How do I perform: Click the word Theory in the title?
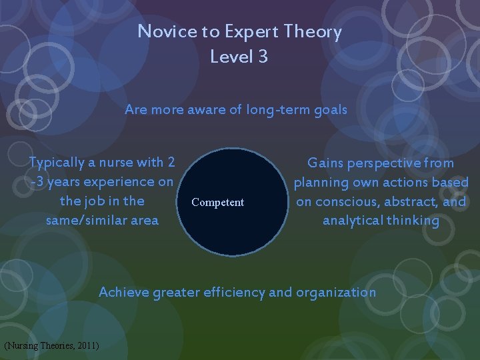coord(312,31)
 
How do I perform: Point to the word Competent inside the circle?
coord(217,203)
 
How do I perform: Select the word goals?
coord(329,110)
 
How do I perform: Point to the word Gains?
coord(327,163)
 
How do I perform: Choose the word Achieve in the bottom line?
coord(124,292)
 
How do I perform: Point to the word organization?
coord(336,292)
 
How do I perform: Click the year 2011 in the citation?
coord(87,345)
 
